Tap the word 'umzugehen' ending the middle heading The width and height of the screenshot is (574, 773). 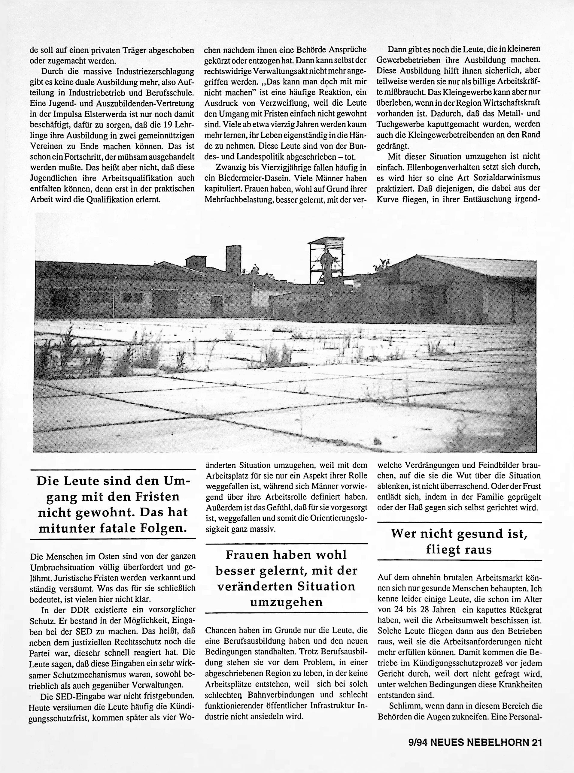pyautogui.click(x=286, y=602)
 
